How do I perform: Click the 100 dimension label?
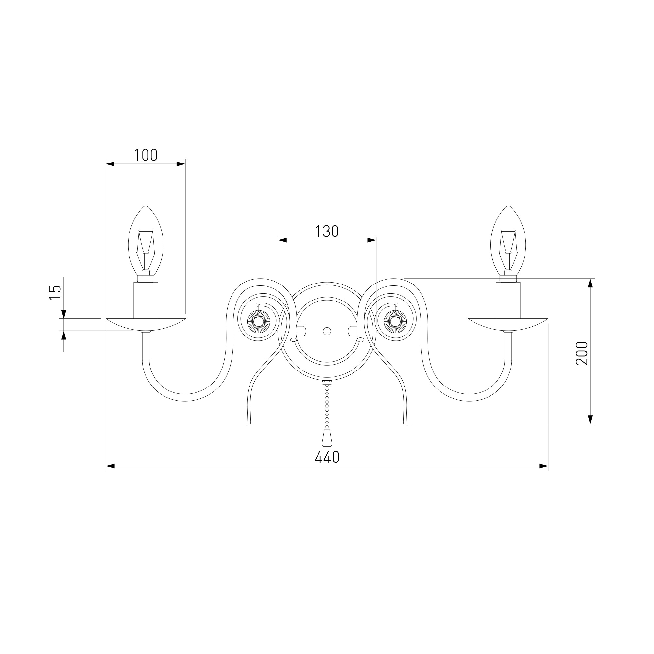click(146, 155)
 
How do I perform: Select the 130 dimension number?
click(327, 232)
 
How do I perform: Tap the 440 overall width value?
click(327, 457)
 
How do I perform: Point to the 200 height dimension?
click(581, 353)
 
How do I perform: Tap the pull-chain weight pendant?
click(327, 439)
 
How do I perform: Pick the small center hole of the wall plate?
click(327, 331)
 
